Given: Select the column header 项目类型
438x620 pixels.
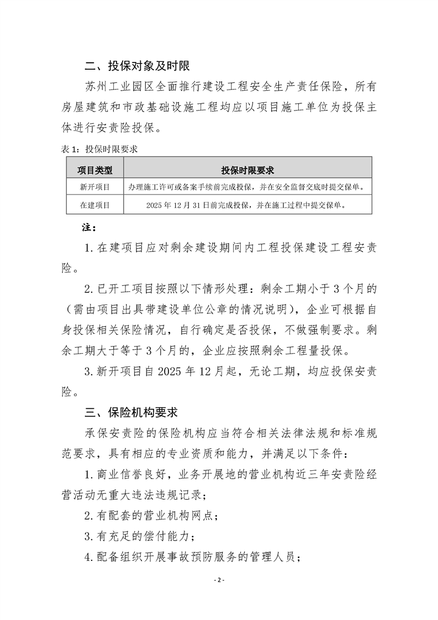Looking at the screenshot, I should pyautogui.click(x=94, y=170).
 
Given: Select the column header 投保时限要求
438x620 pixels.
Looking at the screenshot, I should pyautogui.click(x=247, y=170).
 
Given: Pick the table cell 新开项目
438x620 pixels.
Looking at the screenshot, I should pyautogui.click(x=94, y=187).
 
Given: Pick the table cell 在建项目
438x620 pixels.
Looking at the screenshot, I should pyautogui.click(x=94, y=205).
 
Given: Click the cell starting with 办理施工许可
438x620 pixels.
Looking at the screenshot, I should pyautogui.click(x=247, y=187).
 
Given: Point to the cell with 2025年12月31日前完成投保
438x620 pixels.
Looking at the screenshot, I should pyautogui.click(x=247, y=205).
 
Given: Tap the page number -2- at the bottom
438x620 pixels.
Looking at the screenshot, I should pyautogui.click(x=219, y=580).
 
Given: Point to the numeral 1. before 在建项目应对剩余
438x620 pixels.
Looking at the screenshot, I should pyautogui.click(x=90, y=247).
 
